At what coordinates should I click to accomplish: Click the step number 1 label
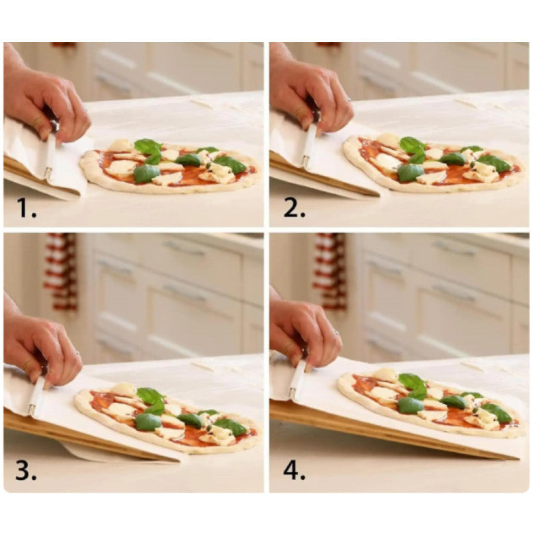[26, 209]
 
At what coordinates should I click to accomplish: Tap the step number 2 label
[295, 209]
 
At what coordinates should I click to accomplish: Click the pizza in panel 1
[170, 166]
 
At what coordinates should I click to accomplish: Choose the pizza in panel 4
[431, 402]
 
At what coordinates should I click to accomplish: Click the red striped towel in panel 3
[61, 272]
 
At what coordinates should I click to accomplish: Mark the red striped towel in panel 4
[330, 272]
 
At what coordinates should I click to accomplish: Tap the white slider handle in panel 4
[299, 379]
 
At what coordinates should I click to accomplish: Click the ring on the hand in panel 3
[78, 354]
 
